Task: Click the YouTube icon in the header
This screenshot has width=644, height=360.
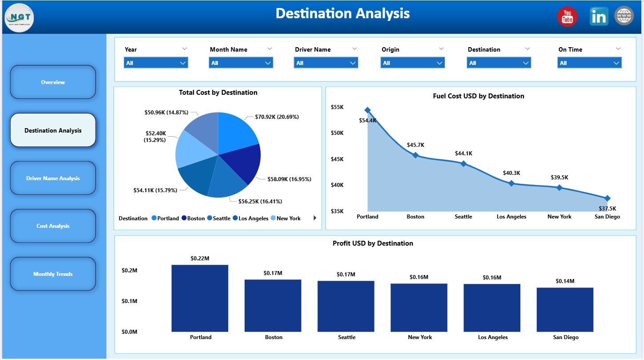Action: pyautogui.click(x=567, y=17)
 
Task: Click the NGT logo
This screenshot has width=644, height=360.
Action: pyautogui.click(x=19, y=18)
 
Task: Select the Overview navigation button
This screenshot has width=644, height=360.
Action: pyautogui.click(x=53, y=82)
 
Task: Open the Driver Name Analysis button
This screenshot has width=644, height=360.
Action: pyautogui.click(x=53, y=178)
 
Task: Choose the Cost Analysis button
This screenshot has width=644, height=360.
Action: pyautogui.click(x=53, y=226)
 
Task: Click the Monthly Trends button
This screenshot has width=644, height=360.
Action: pyautogui.click(x=53, y=274)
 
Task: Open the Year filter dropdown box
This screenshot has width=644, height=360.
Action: pyautogui.click(x=156, y=63)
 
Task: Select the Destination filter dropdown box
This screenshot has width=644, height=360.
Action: pyautogui.click(x=499, y=63)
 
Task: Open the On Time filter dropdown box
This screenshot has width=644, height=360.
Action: pyautogui.click(x=589, y=63)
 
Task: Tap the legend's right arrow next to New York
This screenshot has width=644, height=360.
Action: pyautogui.click(x=315, y=218)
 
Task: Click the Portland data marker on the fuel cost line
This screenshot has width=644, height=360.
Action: pyautogui.click(x=367, y=110)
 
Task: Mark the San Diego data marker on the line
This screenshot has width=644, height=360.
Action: pyautogui.click(x=608, y=198)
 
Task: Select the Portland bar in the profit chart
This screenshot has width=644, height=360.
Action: pyautogui.click(x=200, y=298)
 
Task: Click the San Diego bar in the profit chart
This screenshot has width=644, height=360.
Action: pyautogui.click(x=565, y=309)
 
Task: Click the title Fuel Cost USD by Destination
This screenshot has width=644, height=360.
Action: pyautogui.click(x=478, y=96)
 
